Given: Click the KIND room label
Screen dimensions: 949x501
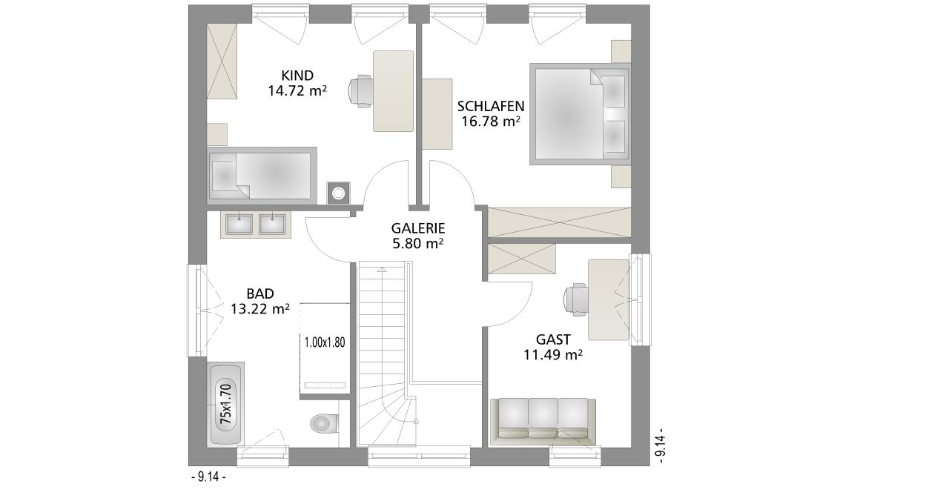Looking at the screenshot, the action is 297,76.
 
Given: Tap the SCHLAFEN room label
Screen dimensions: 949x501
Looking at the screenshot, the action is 491,106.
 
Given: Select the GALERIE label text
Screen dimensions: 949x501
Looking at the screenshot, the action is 417,228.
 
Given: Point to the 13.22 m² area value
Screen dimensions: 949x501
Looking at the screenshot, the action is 260,309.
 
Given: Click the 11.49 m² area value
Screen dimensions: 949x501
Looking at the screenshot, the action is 553,354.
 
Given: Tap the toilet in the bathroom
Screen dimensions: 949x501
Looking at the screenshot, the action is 325,423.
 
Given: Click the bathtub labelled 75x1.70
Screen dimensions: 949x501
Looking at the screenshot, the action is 226,404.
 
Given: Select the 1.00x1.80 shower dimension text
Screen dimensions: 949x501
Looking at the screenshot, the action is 325,342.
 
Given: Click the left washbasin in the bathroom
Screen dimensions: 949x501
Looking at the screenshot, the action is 239,224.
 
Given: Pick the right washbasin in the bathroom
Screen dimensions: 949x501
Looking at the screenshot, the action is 272,224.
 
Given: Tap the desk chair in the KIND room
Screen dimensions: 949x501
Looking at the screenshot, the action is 360,91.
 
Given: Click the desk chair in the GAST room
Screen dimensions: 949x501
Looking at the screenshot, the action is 576,299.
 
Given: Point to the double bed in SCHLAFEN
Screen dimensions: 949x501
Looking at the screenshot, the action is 580,114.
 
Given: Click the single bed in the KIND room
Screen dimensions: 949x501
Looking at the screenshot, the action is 262,173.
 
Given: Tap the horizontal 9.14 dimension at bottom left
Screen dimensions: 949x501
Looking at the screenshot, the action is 208,477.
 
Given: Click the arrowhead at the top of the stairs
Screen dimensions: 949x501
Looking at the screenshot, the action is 382,269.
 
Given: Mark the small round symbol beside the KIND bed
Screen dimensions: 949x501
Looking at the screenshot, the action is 338,193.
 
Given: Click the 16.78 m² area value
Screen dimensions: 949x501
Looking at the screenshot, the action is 491,122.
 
